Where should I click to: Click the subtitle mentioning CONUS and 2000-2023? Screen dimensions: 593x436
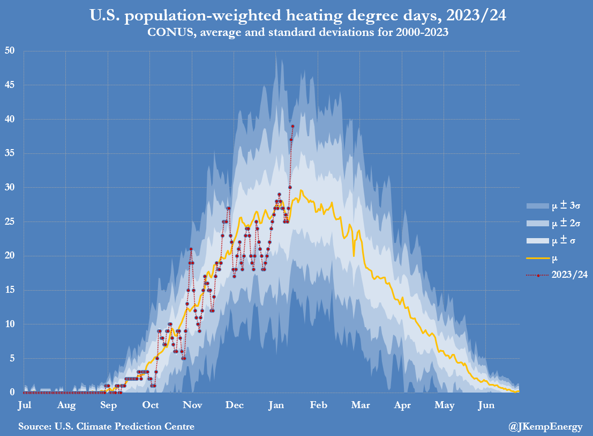click(x=298, y=32)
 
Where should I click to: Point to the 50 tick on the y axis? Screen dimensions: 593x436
click(x=10, y=51)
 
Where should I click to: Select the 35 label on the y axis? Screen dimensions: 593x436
click(x=10, y=153)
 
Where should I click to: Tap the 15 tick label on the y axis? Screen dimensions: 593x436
click(x=10, y=290)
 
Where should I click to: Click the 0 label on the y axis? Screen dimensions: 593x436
click(x=12, y=392)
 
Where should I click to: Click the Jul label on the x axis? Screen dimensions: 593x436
click(x=25, y=405)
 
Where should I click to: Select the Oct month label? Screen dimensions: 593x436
click(x=150, y=405)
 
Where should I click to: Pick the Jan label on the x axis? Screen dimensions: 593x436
click(x=276, y=405)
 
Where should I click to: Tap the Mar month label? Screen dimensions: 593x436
click(x=361, y=405)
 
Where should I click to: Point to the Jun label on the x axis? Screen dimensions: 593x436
click(x=486, y=405)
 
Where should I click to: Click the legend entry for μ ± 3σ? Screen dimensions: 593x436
click(x=553, y=205)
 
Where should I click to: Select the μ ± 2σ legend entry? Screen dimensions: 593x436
click(x=553, y=223)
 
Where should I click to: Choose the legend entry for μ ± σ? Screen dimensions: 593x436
click(x=551, y=240)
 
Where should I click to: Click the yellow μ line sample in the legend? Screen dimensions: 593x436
click(x=537, y=258)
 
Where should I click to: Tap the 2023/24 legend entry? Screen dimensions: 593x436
click(x=557, y=275)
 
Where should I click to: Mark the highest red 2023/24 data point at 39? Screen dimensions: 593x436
click(x=292, y=126)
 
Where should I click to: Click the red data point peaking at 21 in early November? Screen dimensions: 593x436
click(x=191, y=249)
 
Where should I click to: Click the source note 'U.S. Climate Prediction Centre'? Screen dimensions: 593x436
click(x=106, y=426)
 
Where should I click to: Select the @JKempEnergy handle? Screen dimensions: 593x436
click(x=545, y=427)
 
